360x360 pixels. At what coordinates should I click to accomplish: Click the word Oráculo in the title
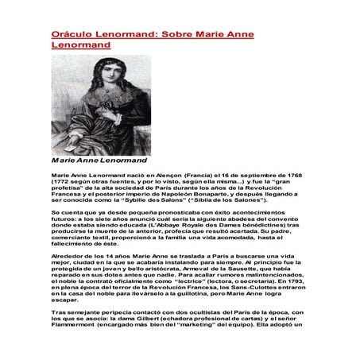pos(66,36)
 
